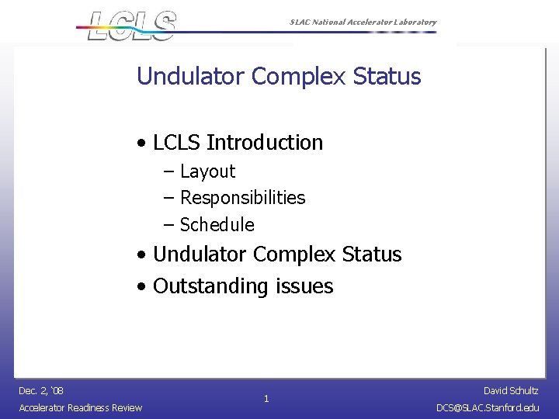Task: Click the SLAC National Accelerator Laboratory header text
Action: [363, 23]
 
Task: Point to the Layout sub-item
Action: [207, 171]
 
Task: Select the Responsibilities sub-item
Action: [242, 198]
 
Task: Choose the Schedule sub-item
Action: [217, 225]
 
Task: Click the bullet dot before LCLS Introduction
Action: [141, 144]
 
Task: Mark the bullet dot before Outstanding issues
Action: [141, 287]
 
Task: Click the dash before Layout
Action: [169, 171]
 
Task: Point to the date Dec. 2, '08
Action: [41, 390]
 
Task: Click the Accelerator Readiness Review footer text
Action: [81, 408]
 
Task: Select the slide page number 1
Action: [266, 399]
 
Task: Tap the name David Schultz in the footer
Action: [510, 390]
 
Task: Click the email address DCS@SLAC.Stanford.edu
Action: [488, 408]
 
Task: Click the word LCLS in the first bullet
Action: [177, 143]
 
